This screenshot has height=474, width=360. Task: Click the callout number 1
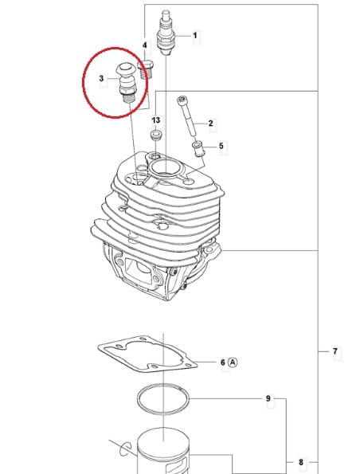click(195, 36)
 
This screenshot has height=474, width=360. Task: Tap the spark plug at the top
click(166, 33)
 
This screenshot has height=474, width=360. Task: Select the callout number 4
click(145, 45)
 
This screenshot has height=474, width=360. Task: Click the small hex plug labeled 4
click(146, 69)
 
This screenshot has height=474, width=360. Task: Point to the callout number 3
click(101, 78)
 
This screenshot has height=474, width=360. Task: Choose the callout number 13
click(155, 120)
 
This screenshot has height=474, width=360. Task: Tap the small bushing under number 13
click(156, 135)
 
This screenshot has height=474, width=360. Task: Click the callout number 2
click(210, 123)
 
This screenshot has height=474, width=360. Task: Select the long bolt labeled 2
click(187, 116)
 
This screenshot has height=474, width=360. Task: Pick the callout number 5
click(221, 146)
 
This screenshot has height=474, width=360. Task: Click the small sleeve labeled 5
click(198, 149)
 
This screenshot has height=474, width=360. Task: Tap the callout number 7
click(335, 351)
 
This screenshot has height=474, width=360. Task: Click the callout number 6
click(223, 362)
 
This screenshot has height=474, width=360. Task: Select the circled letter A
click(233, 362)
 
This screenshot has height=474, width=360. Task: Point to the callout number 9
click(268, 398)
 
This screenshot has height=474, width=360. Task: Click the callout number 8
click(301, 462)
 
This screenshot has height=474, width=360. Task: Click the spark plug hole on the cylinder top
click(165, 168)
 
